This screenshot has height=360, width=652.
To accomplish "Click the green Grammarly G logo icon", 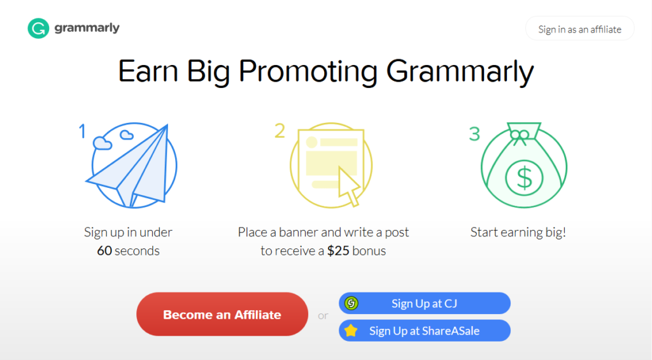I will (38, 28).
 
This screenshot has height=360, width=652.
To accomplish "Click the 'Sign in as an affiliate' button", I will (579, 29).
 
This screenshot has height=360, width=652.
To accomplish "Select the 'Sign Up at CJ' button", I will (425, 303).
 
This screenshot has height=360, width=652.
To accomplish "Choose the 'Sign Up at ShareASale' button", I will (425, 331).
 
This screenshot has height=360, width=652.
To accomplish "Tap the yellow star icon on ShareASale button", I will (351, 331).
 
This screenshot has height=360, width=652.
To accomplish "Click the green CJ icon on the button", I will (351, 303).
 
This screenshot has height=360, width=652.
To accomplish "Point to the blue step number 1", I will (82, 131).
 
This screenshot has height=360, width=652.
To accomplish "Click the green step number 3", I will (474, 134).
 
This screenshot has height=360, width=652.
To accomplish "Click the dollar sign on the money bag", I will (524, 178).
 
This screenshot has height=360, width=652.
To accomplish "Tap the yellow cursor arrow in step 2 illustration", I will (348, 184).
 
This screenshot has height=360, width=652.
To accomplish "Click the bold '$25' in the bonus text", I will (339, 250).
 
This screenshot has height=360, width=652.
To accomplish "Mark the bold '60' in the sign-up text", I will (104, 250).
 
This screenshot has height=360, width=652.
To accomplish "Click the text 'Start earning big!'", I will (518, 232).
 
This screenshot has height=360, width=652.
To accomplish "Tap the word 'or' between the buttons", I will (323, 315).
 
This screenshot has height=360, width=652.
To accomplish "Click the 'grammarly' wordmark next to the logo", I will (87, 28).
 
